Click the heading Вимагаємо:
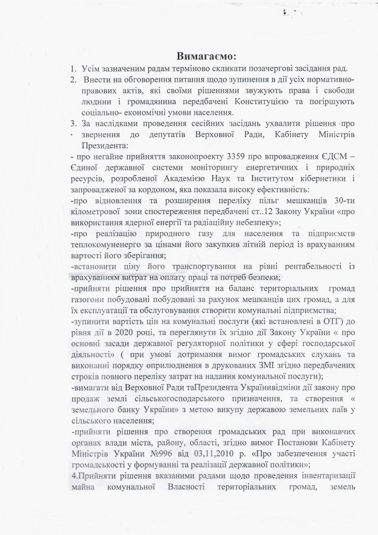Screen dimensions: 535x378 [x=206, y=55]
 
